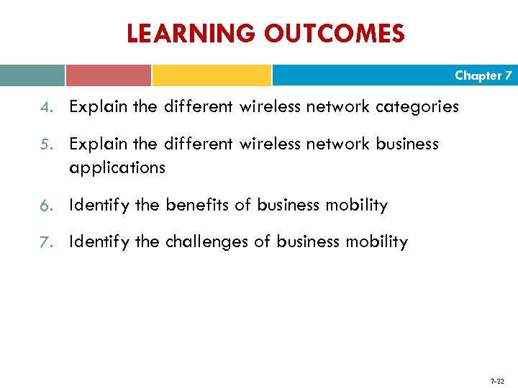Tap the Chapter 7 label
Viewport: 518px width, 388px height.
click(x=483, y=75)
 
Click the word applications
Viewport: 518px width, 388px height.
click(x=117, y=168)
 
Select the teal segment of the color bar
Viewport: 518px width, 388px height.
click(x=32, y=75)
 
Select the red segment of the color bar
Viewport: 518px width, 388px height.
click(x=108, y=75)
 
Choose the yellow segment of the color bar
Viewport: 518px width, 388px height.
click(x=212, y=75)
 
